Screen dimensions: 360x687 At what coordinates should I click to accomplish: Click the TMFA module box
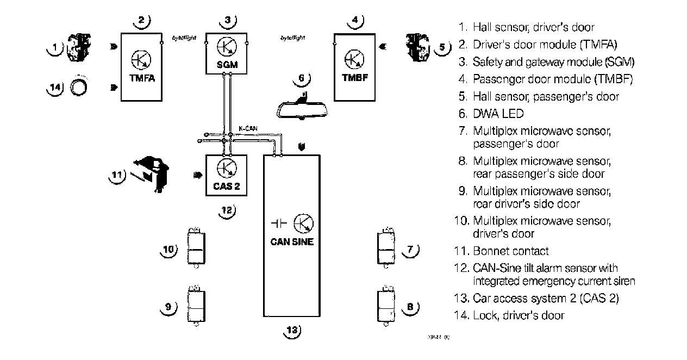141,66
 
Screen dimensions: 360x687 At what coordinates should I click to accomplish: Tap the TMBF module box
354,66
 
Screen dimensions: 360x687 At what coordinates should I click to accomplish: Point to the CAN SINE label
292,242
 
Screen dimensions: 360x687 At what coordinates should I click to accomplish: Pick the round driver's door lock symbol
80,87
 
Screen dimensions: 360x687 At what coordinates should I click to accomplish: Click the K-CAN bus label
248,129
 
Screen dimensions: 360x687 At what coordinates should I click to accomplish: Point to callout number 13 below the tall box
292,330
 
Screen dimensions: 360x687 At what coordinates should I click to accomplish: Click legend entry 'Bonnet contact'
510,251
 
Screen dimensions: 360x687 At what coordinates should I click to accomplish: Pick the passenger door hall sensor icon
417,46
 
